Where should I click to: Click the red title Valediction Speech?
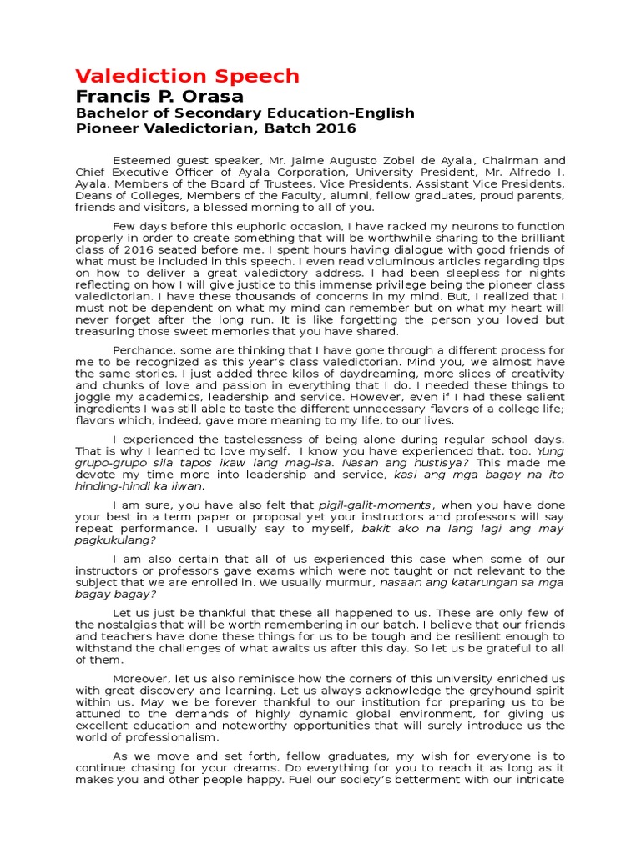pyautogui.click(x=187, y=76)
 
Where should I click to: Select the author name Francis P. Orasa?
pyautogui.click(x=159, y=96)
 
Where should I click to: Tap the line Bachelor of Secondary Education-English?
pyautogui.click(x=245, y=113)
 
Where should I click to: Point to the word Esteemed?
pyautogui.click(x=140, y=161)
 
